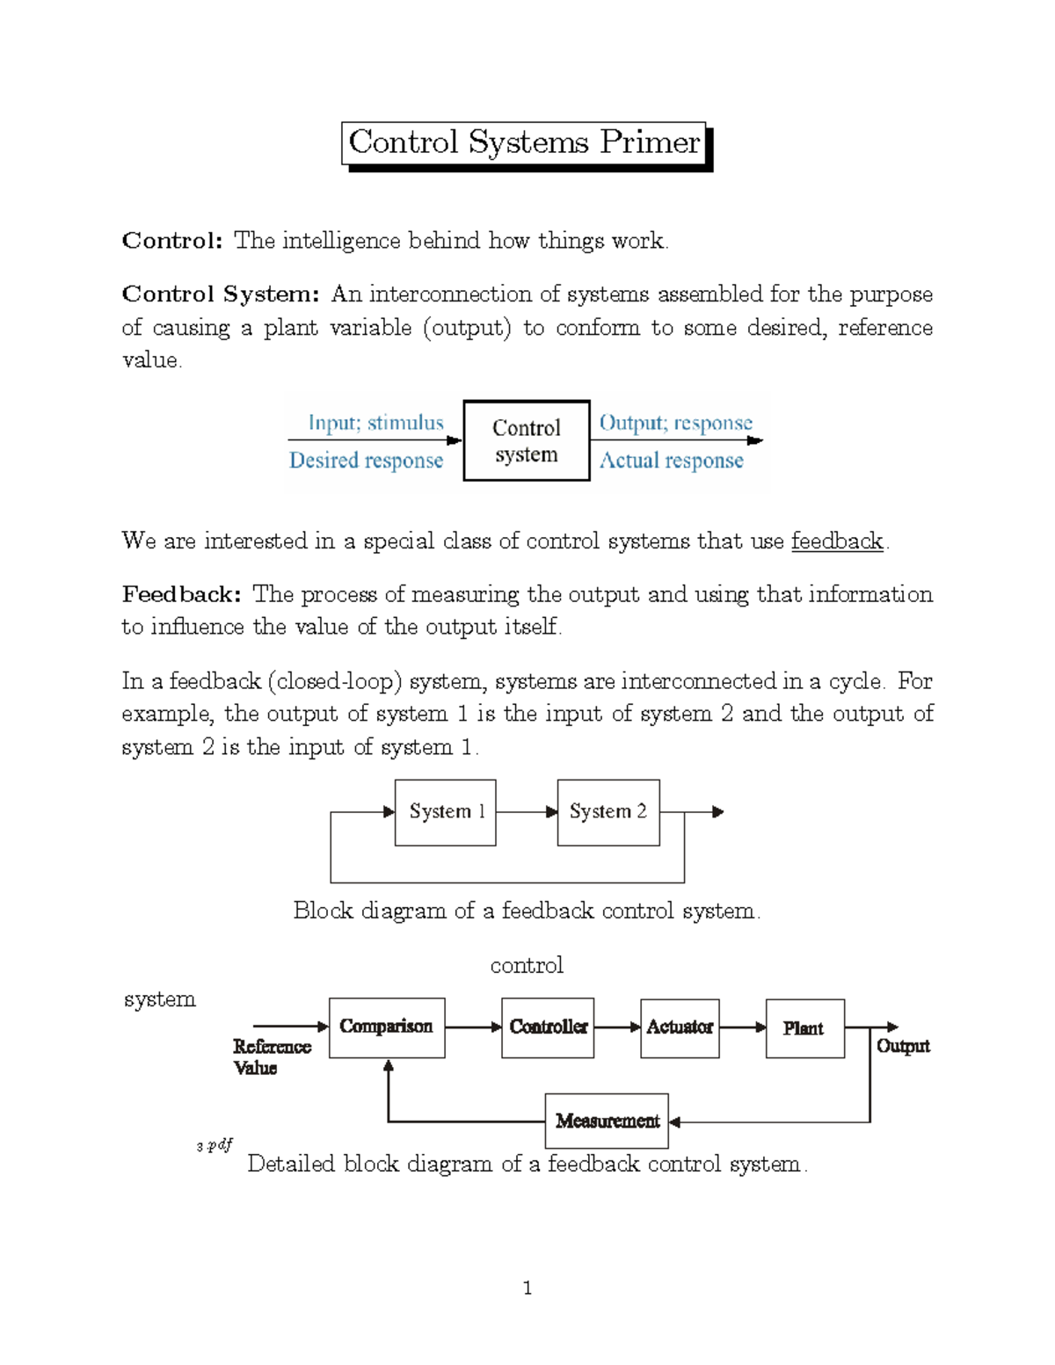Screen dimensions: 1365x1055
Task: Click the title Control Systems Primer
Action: point(525,142)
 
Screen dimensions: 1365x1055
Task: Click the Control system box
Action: point(526,440)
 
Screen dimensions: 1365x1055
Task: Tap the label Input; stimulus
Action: point(375,423)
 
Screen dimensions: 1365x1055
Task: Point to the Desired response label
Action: point(366,461)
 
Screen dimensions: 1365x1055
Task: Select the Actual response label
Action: point(671,461)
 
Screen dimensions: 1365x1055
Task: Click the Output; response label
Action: point(675,423)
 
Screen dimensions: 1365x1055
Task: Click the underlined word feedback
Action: point(836,541)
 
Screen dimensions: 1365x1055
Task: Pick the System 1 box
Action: point(446,812)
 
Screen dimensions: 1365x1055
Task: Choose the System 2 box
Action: point(608,812)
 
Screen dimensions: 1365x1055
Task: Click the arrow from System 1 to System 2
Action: point(527,812)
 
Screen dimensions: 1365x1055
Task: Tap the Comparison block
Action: point(387,1027)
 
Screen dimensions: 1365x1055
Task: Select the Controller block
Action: point(548,1027)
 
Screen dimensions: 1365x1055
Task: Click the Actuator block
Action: point(680,1027)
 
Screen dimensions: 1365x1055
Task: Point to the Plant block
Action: point(804,1027)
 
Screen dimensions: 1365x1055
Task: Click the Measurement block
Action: point(607,1121)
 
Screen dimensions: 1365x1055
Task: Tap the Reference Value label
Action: point(271,1056)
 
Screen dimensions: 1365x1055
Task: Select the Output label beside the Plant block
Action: point(903,1046)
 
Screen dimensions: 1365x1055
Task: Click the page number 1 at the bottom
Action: point(527,1289)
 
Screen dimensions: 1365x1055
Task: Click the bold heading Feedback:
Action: point(181,594)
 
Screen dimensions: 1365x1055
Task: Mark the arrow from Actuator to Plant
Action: point(743,1027)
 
